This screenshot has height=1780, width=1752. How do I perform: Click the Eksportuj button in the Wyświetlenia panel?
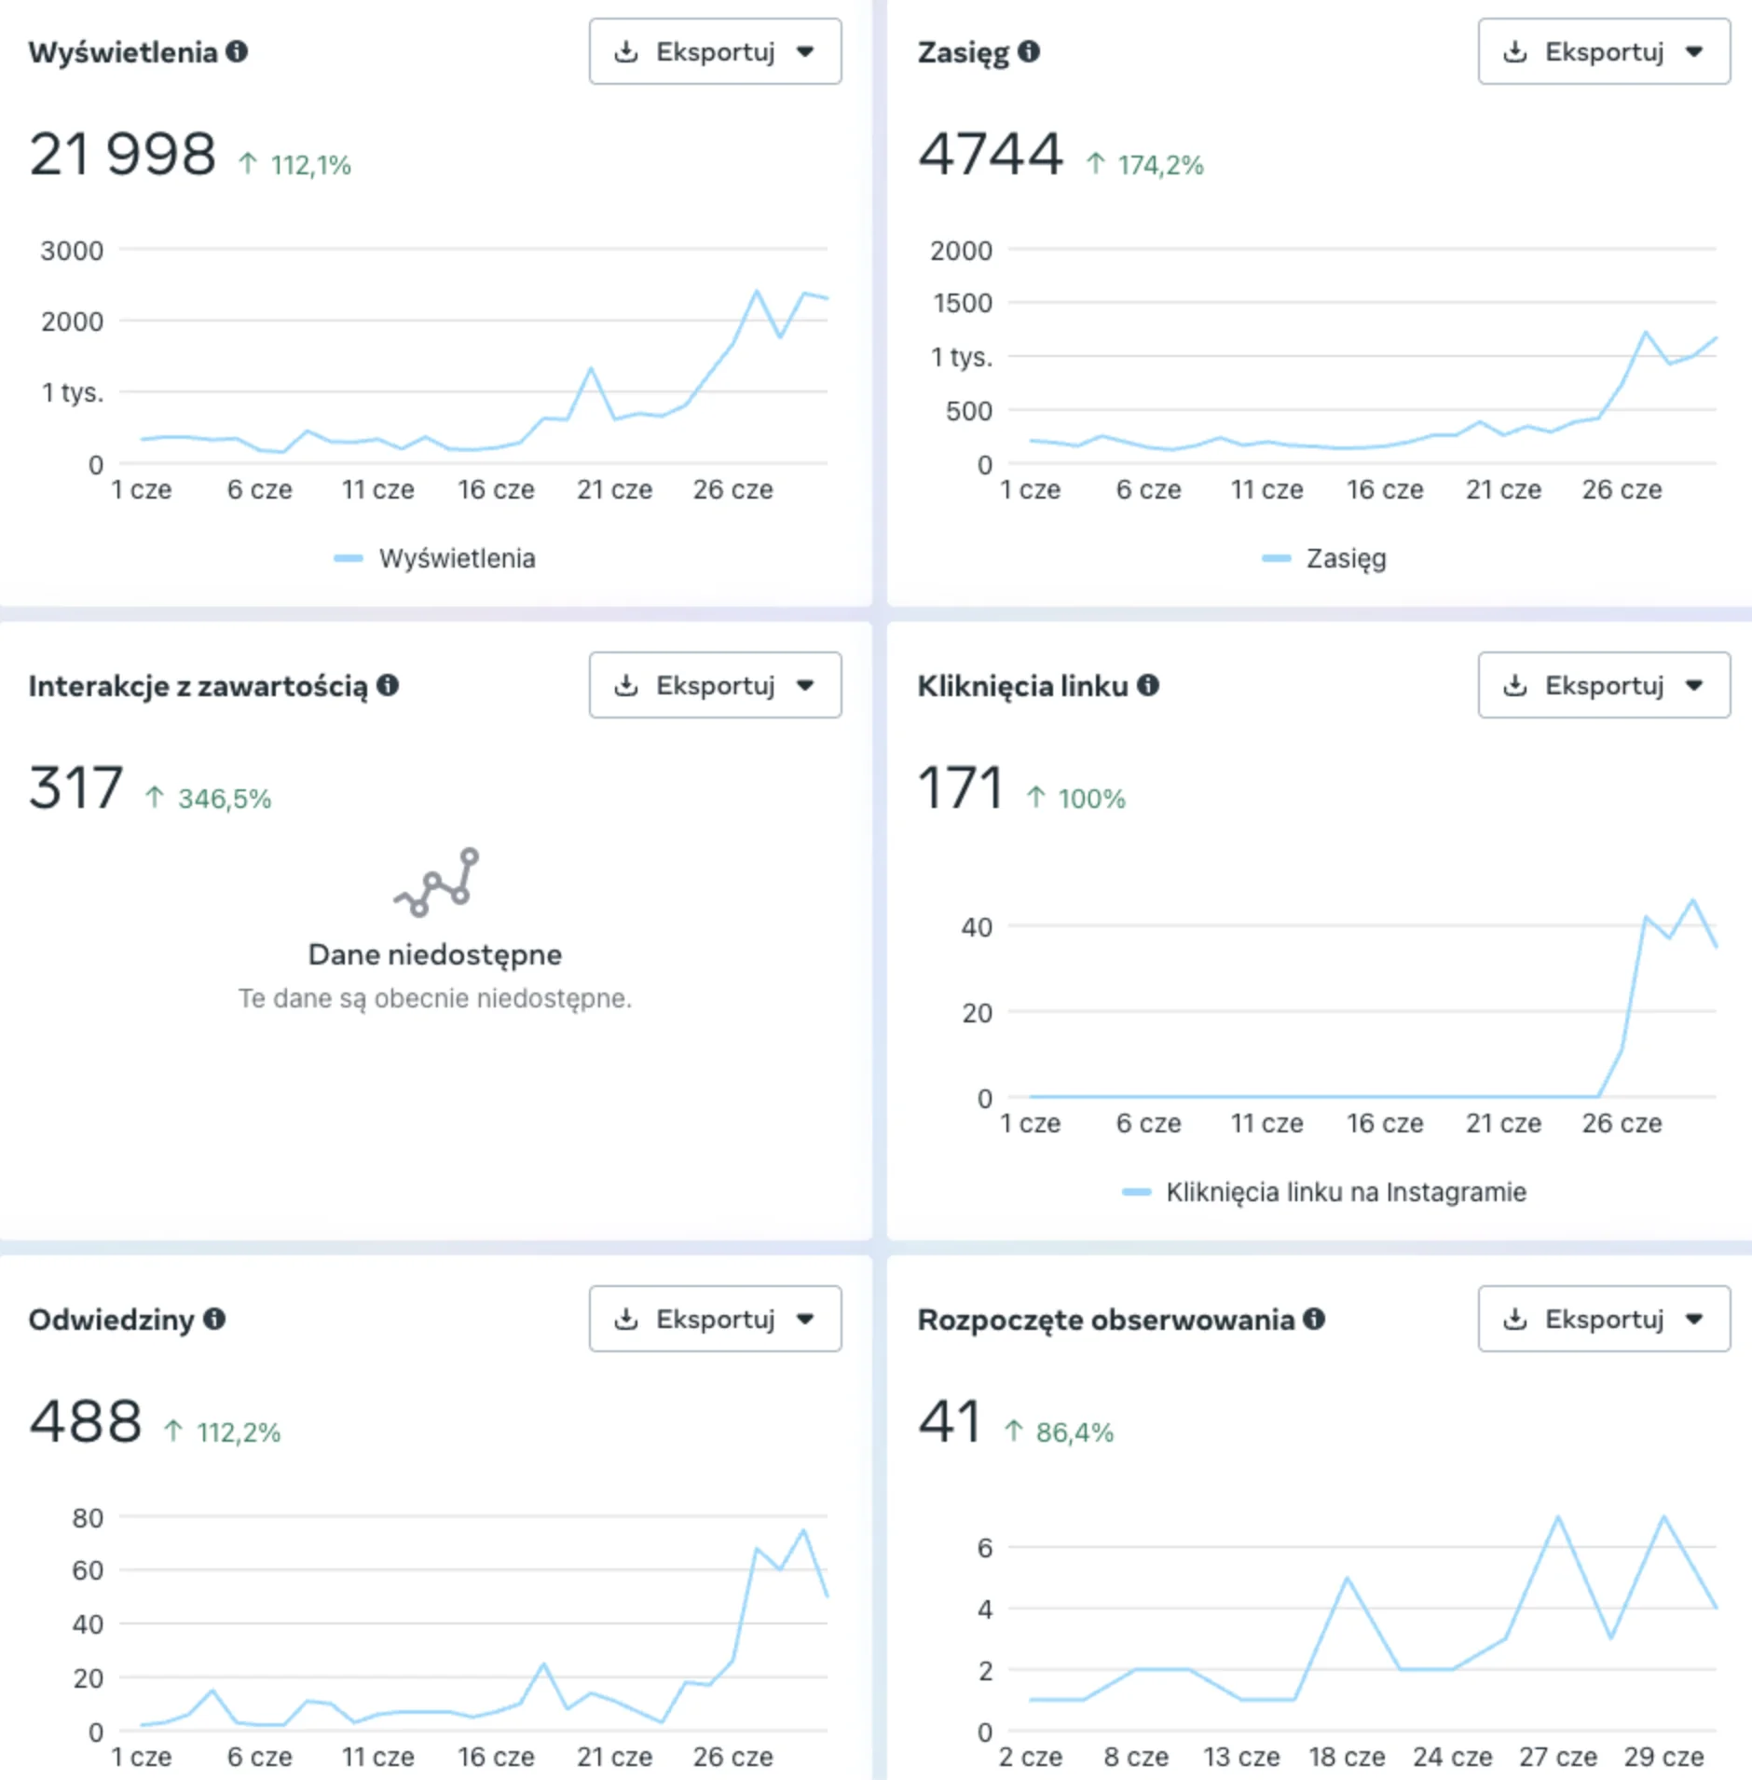714,52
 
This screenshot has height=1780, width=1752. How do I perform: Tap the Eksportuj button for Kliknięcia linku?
1603,686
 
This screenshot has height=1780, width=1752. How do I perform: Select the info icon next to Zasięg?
1029,51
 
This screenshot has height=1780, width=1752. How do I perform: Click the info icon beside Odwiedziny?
214,1319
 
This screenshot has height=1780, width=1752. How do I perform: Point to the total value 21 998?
122,155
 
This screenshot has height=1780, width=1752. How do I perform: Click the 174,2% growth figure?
1160,166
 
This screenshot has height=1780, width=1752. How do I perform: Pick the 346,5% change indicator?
224,800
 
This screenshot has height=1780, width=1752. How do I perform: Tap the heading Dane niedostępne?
435,954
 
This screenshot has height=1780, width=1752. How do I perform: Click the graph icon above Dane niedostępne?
436,883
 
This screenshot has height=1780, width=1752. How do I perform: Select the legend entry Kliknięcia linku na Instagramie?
1345,1192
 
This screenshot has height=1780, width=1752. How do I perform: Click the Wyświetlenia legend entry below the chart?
456,558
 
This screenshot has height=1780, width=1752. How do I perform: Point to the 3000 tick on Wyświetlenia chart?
72,251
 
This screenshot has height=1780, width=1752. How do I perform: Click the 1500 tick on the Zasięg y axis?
962,303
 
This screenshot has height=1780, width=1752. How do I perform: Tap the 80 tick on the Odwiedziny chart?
88,1518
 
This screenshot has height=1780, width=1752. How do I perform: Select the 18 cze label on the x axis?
1347,1757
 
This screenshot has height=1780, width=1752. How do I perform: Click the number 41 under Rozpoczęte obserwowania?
950,1422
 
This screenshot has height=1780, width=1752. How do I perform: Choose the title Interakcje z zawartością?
198,686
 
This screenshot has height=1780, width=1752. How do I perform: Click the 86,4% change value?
1074,1433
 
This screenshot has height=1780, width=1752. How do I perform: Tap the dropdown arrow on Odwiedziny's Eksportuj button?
806,1319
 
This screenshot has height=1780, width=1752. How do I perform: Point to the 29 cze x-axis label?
1663,1757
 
